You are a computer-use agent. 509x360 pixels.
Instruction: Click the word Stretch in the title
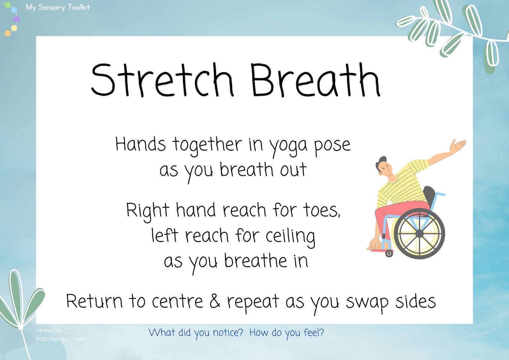click(162, 80)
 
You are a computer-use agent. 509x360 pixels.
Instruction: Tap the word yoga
click(288, 146)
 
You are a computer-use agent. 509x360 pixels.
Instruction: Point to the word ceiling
click(290, 237)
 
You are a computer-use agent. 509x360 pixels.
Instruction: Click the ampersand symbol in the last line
click(215, 301)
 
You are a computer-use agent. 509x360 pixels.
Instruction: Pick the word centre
click(177, 301)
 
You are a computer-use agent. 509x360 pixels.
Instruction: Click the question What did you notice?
click(196, 333)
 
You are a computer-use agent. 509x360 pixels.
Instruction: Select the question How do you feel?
click(287, 333)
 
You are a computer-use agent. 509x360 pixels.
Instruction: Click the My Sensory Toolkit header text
click(58, 7)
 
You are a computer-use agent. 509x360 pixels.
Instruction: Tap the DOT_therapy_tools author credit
click(60, 339)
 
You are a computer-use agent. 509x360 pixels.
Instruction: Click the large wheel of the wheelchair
click(419, 233)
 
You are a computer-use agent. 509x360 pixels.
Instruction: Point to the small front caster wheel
click(389, 253)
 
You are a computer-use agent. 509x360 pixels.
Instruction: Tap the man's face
click(386, 168)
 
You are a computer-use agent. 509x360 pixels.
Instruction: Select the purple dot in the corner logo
click(17, 19)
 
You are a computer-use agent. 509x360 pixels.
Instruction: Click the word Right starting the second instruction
click(147, 211)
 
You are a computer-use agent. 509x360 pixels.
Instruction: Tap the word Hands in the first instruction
click(140, 144)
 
